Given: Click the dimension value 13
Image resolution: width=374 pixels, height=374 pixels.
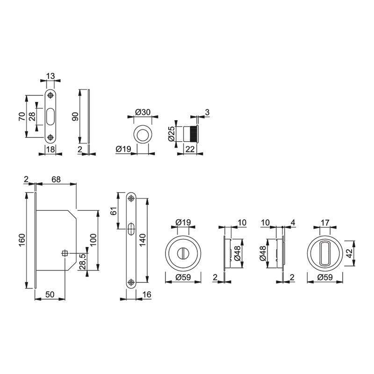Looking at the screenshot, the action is click(x=50, y=76).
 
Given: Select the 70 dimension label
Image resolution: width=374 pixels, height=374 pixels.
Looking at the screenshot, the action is click(x=22, y=116).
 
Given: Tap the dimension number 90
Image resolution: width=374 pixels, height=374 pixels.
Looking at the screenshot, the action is click(x=75, y=116).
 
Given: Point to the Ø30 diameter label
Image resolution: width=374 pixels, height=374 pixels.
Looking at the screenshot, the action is click(x=143, y=112).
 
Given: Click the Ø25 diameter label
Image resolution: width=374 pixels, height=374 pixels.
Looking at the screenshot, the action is click(x=171, y=134).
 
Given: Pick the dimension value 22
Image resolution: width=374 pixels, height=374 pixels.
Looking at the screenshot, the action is click(x=190, y=149).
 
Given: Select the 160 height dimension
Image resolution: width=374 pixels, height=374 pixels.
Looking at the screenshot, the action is click(x=22, y=240).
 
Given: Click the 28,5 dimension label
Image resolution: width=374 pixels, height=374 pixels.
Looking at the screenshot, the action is click(x=83, y=261).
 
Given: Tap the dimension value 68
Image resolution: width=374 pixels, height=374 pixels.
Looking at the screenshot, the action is click(x=56, y=179).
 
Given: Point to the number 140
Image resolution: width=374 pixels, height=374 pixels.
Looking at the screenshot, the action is click(x=142, y=240).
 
